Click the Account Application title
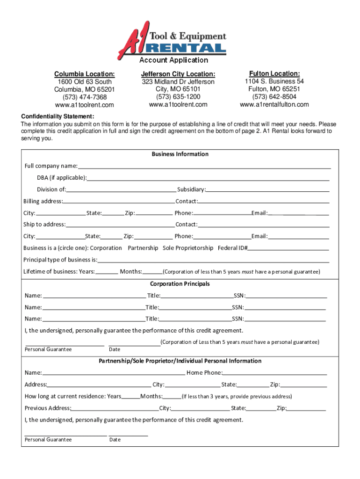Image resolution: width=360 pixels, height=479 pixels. [173, 60]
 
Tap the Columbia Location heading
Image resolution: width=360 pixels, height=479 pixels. [84, 74]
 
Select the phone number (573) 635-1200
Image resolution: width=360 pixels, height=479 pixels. [178, 97]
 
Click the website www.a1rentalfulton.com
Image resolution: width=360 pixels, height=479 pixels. [274, 104]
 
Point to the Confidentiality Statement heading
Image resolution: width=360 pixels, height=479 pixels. [58, 116]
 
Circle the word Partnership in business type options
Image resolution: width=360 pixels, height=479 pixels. [143, 248]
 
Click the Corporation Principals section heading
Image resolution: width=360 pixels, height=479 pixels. [180, 284]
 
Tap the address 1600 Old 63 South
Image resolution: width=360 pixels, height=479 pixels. [84, 82]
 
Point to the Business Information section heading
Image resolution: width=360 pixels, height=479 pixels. [180, 154]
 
